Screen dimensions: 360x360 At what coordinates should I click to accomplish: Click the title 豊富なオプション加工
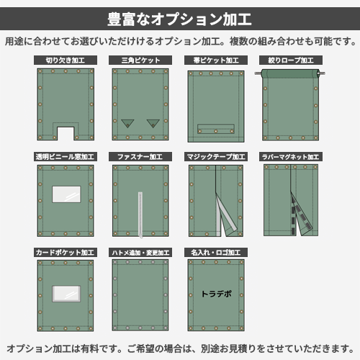[x=179, y=19]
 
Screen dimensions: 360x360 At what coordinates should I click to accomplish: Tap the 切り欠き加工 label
[x=66, y=60]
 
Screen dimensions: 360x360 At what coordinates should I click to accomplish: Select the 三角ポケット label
[x=140, y=60]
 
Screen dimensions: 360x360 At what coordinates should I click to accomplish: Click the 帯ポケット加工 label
[x=216, y=60]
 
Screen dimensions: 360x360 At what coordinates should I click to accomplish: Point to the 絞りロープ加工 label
[x=291, y=60]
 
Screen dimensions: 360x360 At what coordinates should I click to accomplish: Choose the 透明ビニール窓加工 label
[x=66, y=157]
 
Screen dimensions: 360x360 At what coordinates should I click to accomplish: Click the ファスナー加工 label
[x=140, y=157]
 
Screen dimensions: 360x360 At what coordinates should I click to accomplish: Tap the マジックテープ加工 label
[x=216, y=157]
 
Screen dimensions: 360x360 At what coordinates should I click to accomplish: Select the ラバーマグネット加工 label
[x=291, y=157]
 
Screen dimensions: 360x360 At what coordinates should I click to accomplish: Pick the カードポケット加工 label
[x=66, y=253]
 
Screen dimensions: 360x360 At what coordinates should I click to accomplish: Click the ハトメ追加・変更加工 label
[x=140, y=253]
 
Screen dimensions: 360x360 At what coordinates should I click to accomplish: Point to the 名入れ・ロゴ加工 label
[x=216, y=253]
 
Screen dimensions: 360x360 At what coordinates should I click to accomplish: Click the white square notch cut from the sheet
[x=66, y=134]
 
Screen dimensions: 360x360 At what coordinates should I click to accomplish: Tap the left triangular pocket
[x=127, y=123]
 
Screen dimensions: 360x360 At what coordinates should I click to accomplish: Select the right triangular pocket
[x=153, y=123]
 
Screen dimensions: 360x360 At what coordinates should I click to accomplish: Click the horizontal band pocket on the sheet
[x=216, y=129]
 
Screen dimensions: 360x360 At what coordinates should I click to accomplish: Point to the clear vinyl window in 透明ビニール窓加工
[x=66, y=194]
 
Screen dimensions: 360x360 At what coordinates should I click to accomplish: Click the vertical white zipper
[x=140, y=215]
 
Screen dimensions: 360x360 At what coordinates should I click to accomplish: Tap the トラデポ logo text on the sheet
[x=217, y=294]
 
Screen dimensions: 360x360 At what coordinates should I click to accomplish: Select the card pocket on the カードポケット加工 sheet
[x=66, y=294]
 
